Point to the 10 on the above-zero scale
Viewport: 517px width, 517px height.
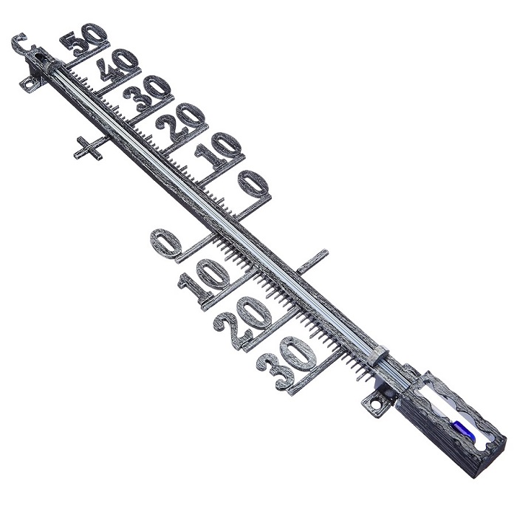(218, 149)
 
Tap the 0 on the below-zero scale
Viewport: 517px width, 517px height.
(166, 243)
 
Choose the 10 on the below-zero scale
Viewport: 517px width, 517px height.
(204, 278)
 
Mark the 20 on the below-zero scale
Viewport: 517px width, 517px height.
(242, 318)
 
